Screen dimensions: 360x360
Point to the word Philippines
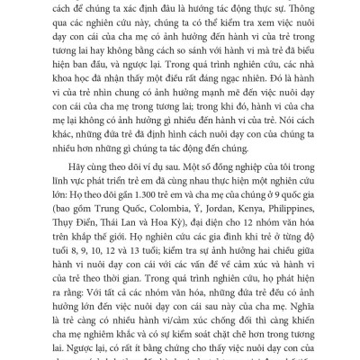(x=283, y=221)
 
